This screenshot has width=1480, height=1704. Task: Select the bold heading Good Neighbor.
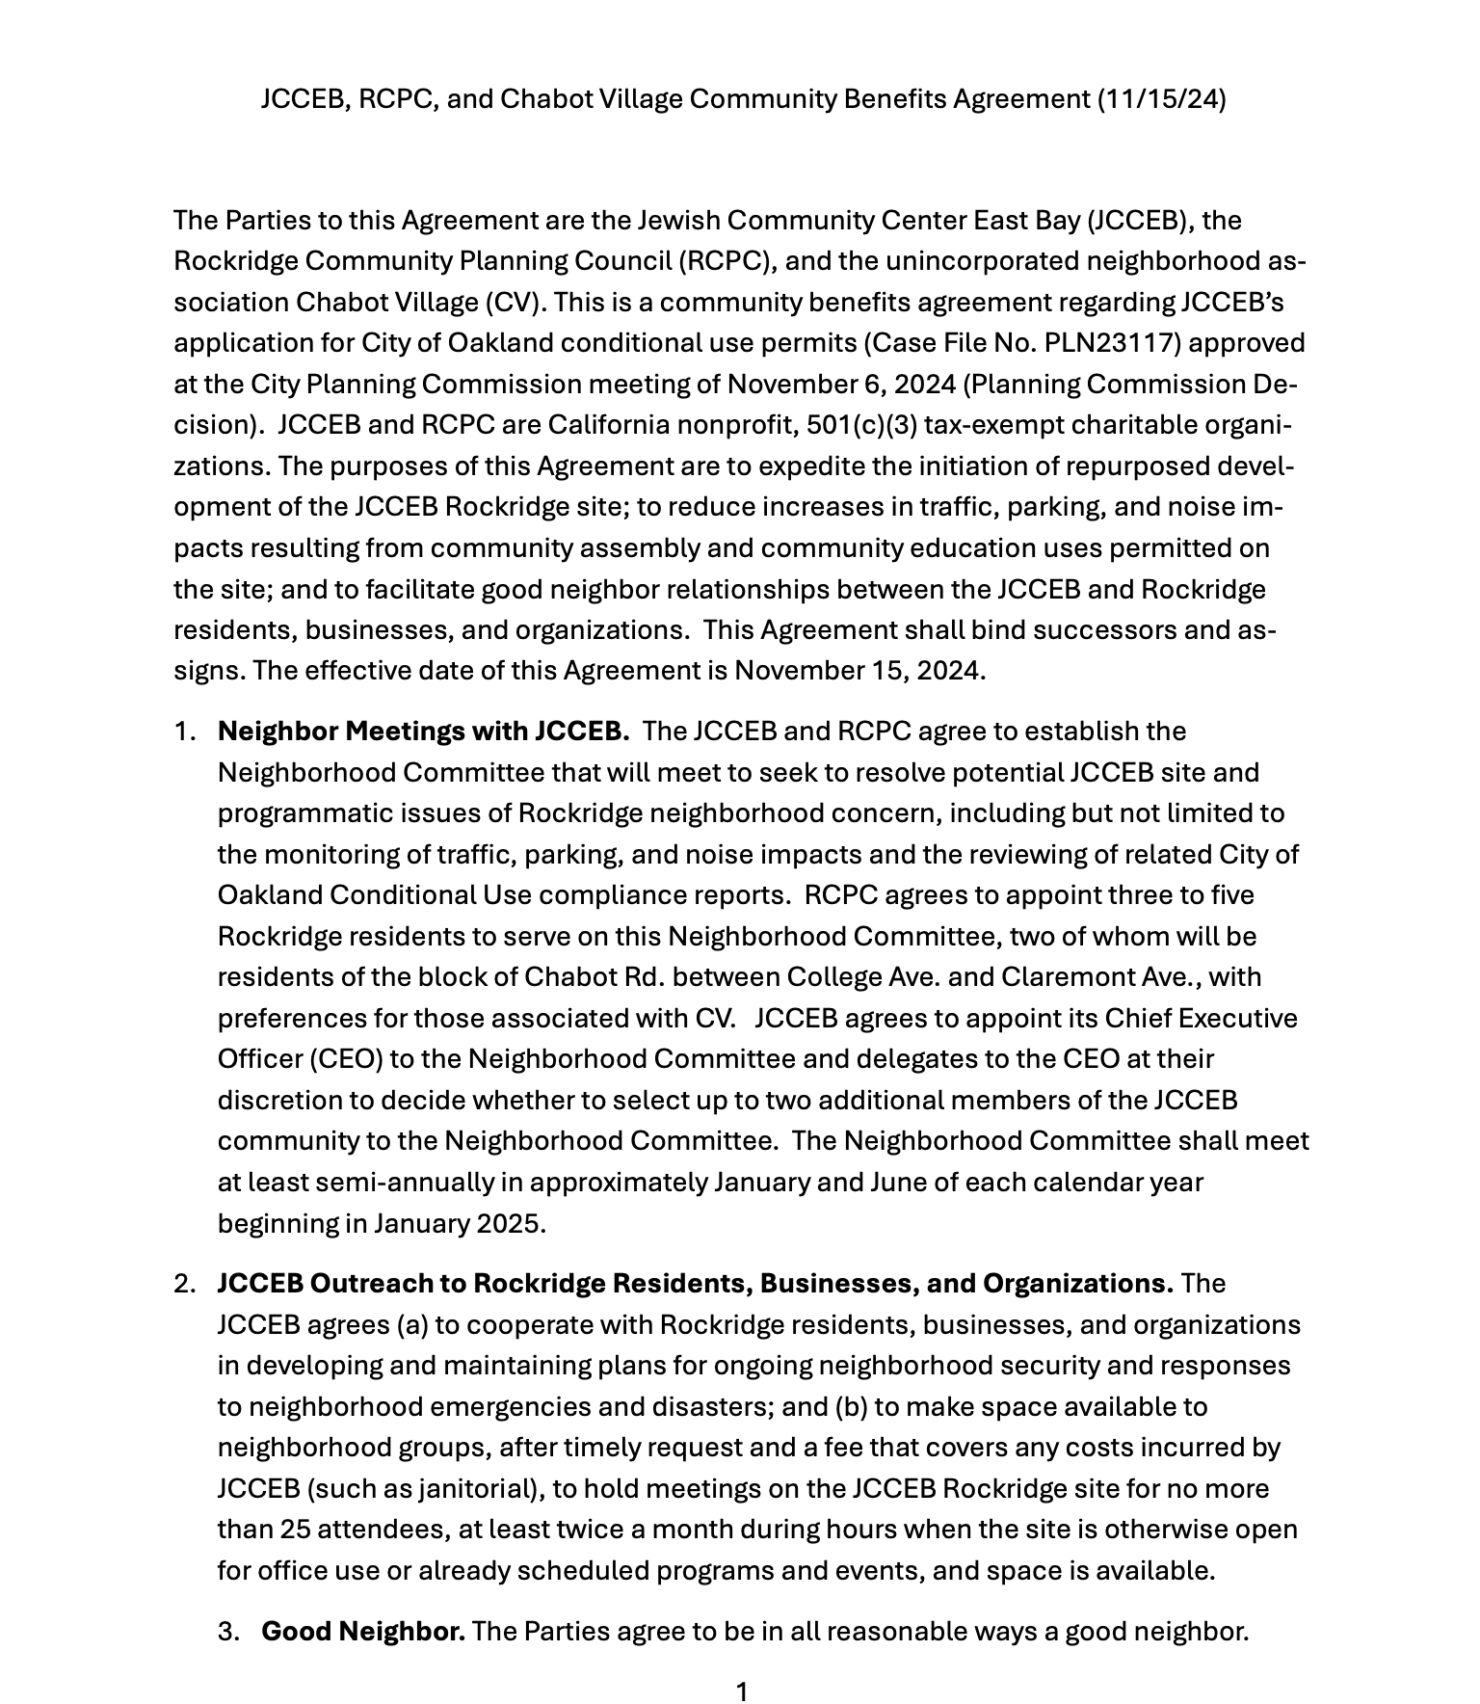pos(363,1632)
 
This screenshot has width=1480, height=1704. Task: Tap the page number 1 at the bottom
pos(741,1691)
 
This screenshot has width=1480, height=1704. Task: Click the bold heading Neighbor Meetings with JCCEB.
pos(424,732)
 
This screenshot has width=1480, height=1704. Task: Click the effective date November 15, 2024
pos(859,671)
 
